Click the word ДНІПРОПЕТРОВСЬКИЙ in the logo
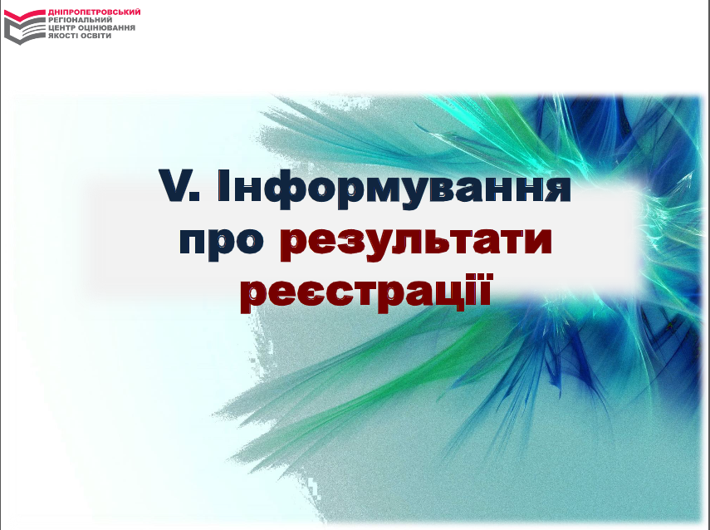[94, 12]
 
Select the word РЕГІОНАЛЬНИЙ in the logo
[81, 20]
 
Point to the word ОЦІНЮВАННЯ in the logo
[107, 27]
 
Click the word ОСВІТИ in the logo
[97, 36]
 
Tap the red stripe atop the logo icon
[25, 15]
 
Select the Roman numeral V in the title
[174, 185]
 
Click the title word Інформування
[394, 189]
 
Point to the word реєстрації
[366, 292]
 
